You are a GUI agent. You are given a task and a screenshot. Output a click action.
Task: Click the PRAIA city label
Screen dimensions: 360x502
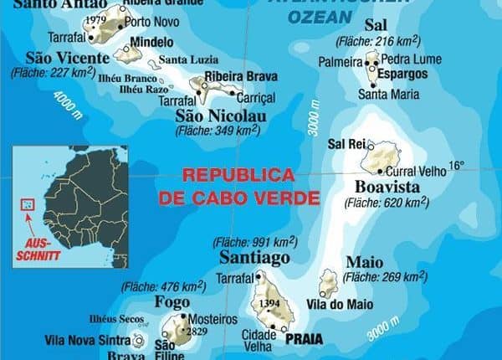pos(304,341)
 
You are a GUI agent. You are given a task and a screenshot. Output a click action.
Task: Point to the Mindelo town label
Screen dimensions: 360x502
pos(153,42)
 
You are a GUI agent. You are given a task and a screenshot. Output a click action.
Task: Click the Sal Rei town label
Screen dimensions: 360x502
pos(346,144)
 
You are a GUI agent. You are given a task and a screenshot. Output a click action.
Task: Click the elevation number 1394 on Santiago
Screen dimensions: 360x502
pos(269,302)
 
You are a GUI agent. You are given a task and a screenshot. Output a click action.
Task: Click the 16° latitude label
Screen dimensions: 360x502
pos(456,166)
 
